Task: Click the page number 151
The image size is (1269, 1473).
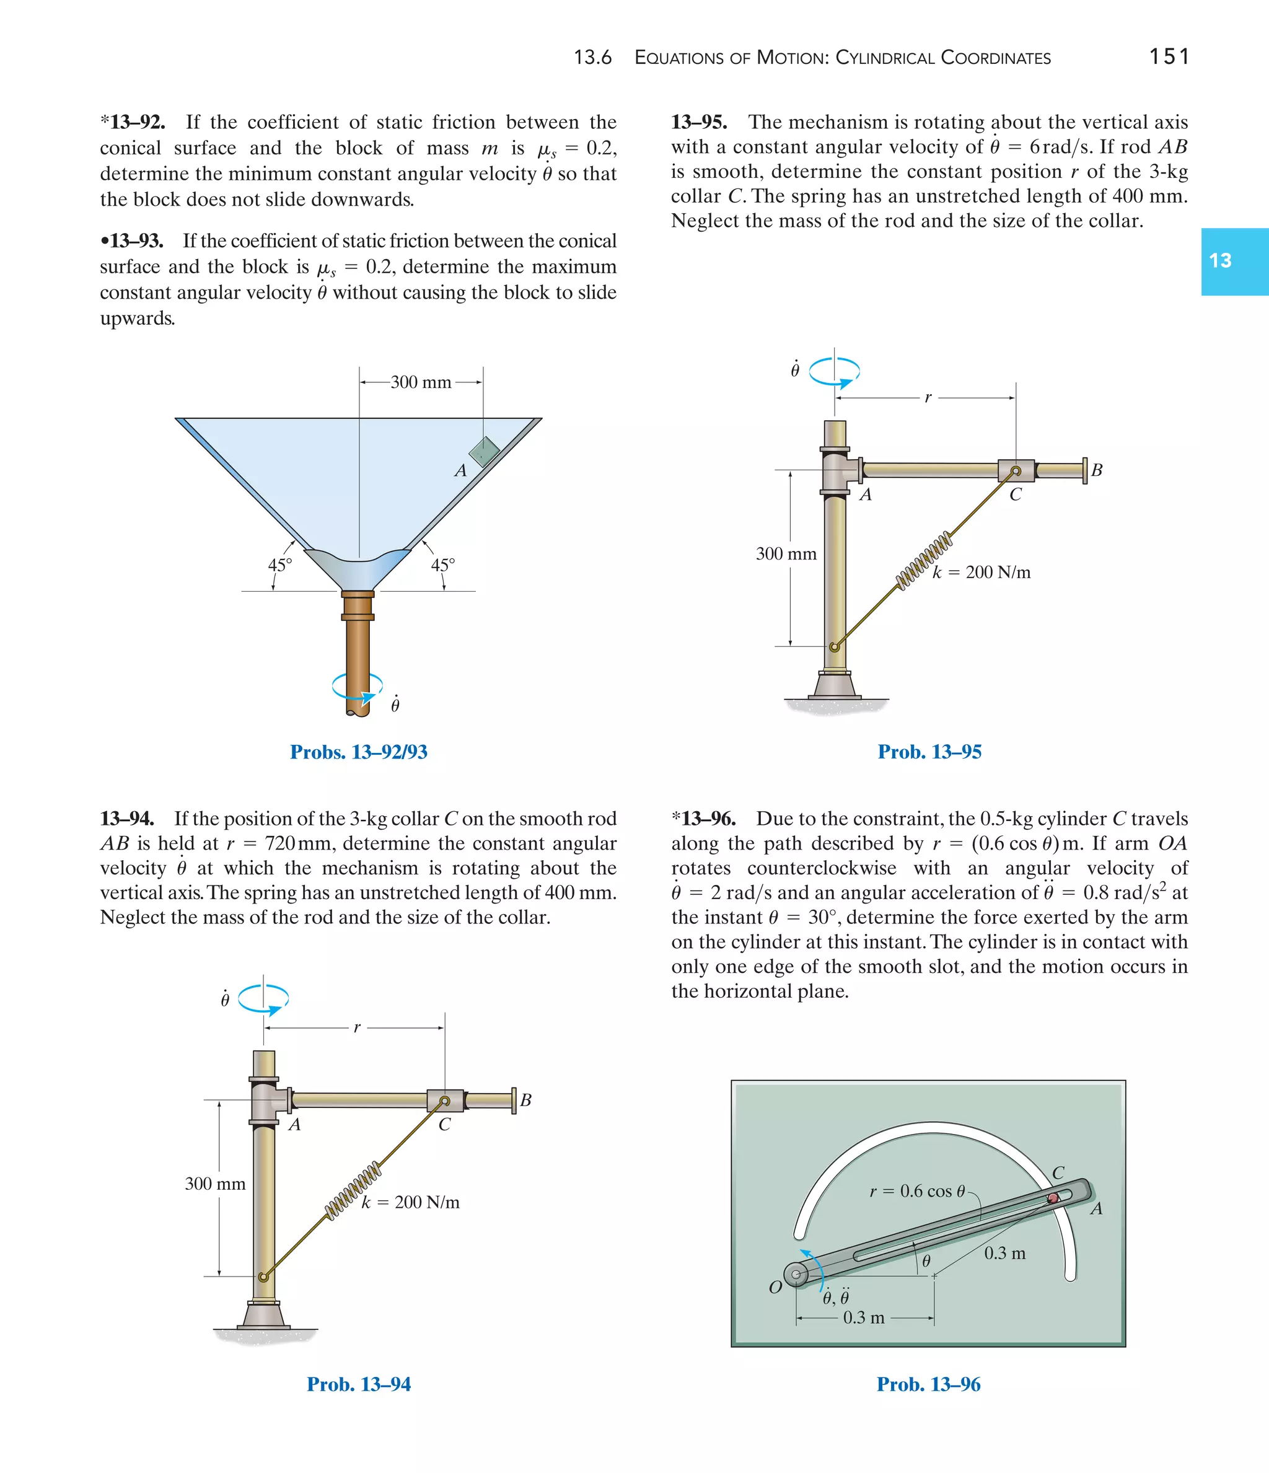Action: click(1169, 56)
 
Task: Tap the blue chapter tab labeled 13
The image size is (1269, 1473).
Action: click(1234, 261)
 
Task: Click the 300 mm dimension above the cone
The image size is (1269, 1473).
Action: click(421, 382)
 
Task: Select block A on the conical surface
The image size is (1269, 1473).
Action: click(484, 451)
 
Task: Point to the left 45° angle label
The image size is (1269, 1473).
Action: click(279, 565)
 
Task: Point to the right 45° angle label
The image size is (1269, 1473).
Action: click(443, 565)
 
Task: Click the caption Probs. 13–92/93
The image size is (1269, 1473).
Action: click(358, 752)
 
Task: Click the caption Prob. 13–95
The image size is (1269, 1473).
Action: click(929, 752)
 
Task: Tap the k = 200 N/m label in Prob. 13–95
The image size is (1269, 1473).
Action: click(981, 572)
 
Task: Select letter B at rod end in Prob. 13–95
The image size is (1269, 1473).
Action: click(1096, 470)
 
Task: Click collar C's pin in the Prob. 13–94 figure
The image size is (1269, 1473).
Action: click(444, 1101)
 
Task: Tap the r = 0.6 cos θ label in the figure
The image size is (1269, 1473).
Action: click(917, 1191)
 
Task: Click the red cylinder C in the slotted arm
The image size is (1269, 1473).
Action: click(1053, 1198)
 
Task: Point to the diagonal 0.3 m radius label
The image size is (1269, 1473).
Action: click(1004, 1254)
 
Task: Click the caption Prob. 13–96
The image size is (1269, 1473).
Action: click(928, 1384)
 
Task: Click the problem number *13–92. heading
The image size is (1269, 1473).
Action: click(133, 122)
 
